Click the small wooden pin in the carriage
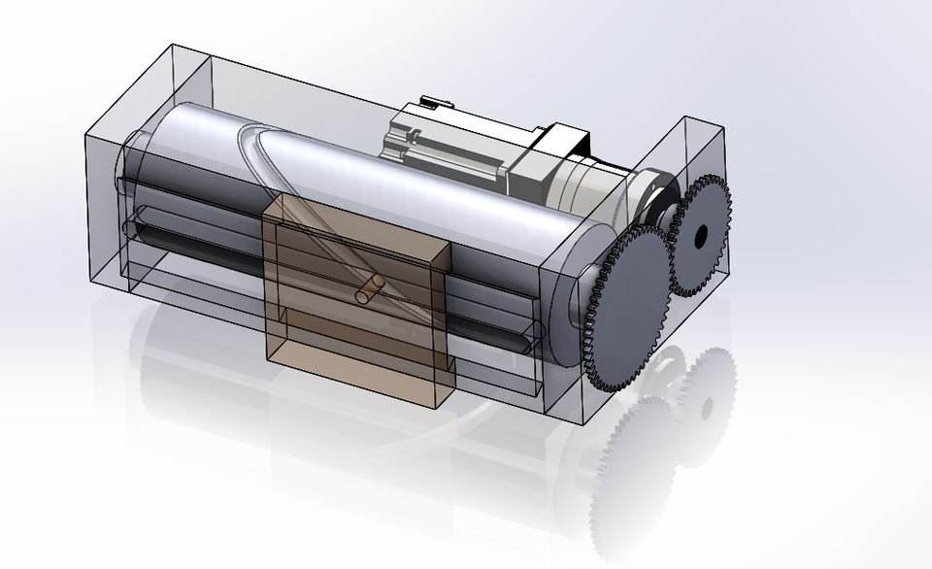click(369, 288)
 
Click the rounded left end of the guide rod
click(132, 229)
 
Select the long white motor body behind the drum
click(447, 141)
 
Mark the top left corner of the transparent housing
click(170, 45)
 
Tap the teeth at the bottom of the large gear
click(612, 385)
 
